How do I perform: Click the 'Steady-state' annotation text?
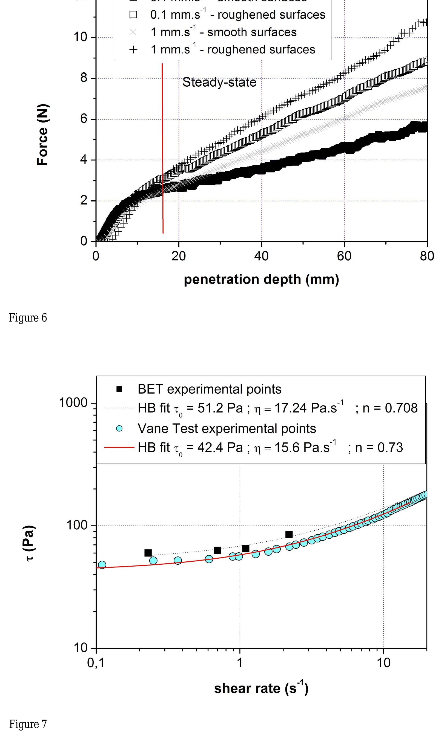pyautogui.click(x=219, y=82)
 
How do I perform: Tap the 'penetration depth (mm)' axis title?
pyautogui.click(x=261, y=279)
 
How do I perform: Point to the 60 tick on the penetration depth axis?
pyautogui.click(x=344, y=256)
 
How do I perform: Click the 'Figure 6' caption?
pyautogui.click(x=28, y=318)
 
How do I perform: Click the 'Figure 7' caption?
pyautogui.click(x=28, y=724)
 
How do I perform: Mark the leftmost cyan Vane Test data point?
pyautogui.click(x=102, y=565)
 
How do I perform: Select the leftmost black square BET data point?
pyautogui.click(x=148, y=553)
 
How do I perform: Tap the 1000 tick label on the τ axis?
pyautogui.click(x=73, y=403)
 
